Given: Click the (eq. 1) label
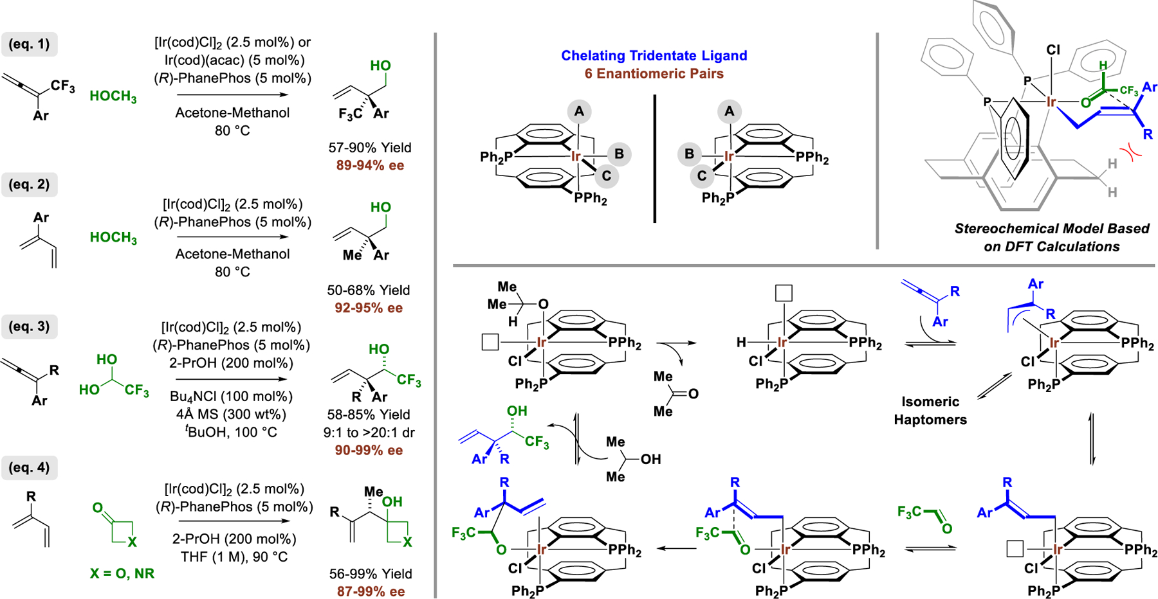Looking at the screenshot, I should coord(29,44).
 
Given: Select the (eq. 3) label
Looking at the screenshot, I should coord(29,326).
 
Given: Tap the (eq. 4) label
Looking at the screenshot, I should coord(29,467).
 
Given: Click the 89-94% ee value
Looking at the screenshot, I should coord(370,166).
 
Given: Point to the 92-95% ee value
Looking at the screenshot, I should coord(369,308).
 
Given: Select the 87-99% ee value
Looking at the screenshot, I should coord(371,591).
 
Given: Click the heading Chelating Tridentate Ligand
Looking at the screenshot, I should coord(654,56).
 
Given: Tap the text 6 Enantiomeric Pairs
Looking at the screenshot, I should coord(654,74).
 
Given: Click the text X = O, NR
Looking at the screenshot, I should coord(122,573).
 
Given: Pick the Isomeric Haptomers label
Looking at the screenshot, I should coord(930,411).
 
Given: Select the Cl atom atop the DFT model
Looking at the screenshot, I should coord(1053,50).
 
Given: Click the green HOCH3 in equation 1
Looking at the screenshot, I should coord(113,97).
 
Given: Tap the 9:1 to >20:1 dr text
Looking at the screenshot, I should coord(369,433).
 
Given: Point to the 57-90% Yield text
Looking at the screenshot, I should coord(370,148).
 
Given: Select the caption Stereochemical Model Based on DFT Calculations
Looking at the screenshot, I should coord(1051,238).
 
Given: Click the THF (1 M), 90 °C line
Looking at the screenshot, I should coord(234,557).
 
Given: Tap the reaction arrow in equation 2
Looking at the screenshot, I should coord(233,237).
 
